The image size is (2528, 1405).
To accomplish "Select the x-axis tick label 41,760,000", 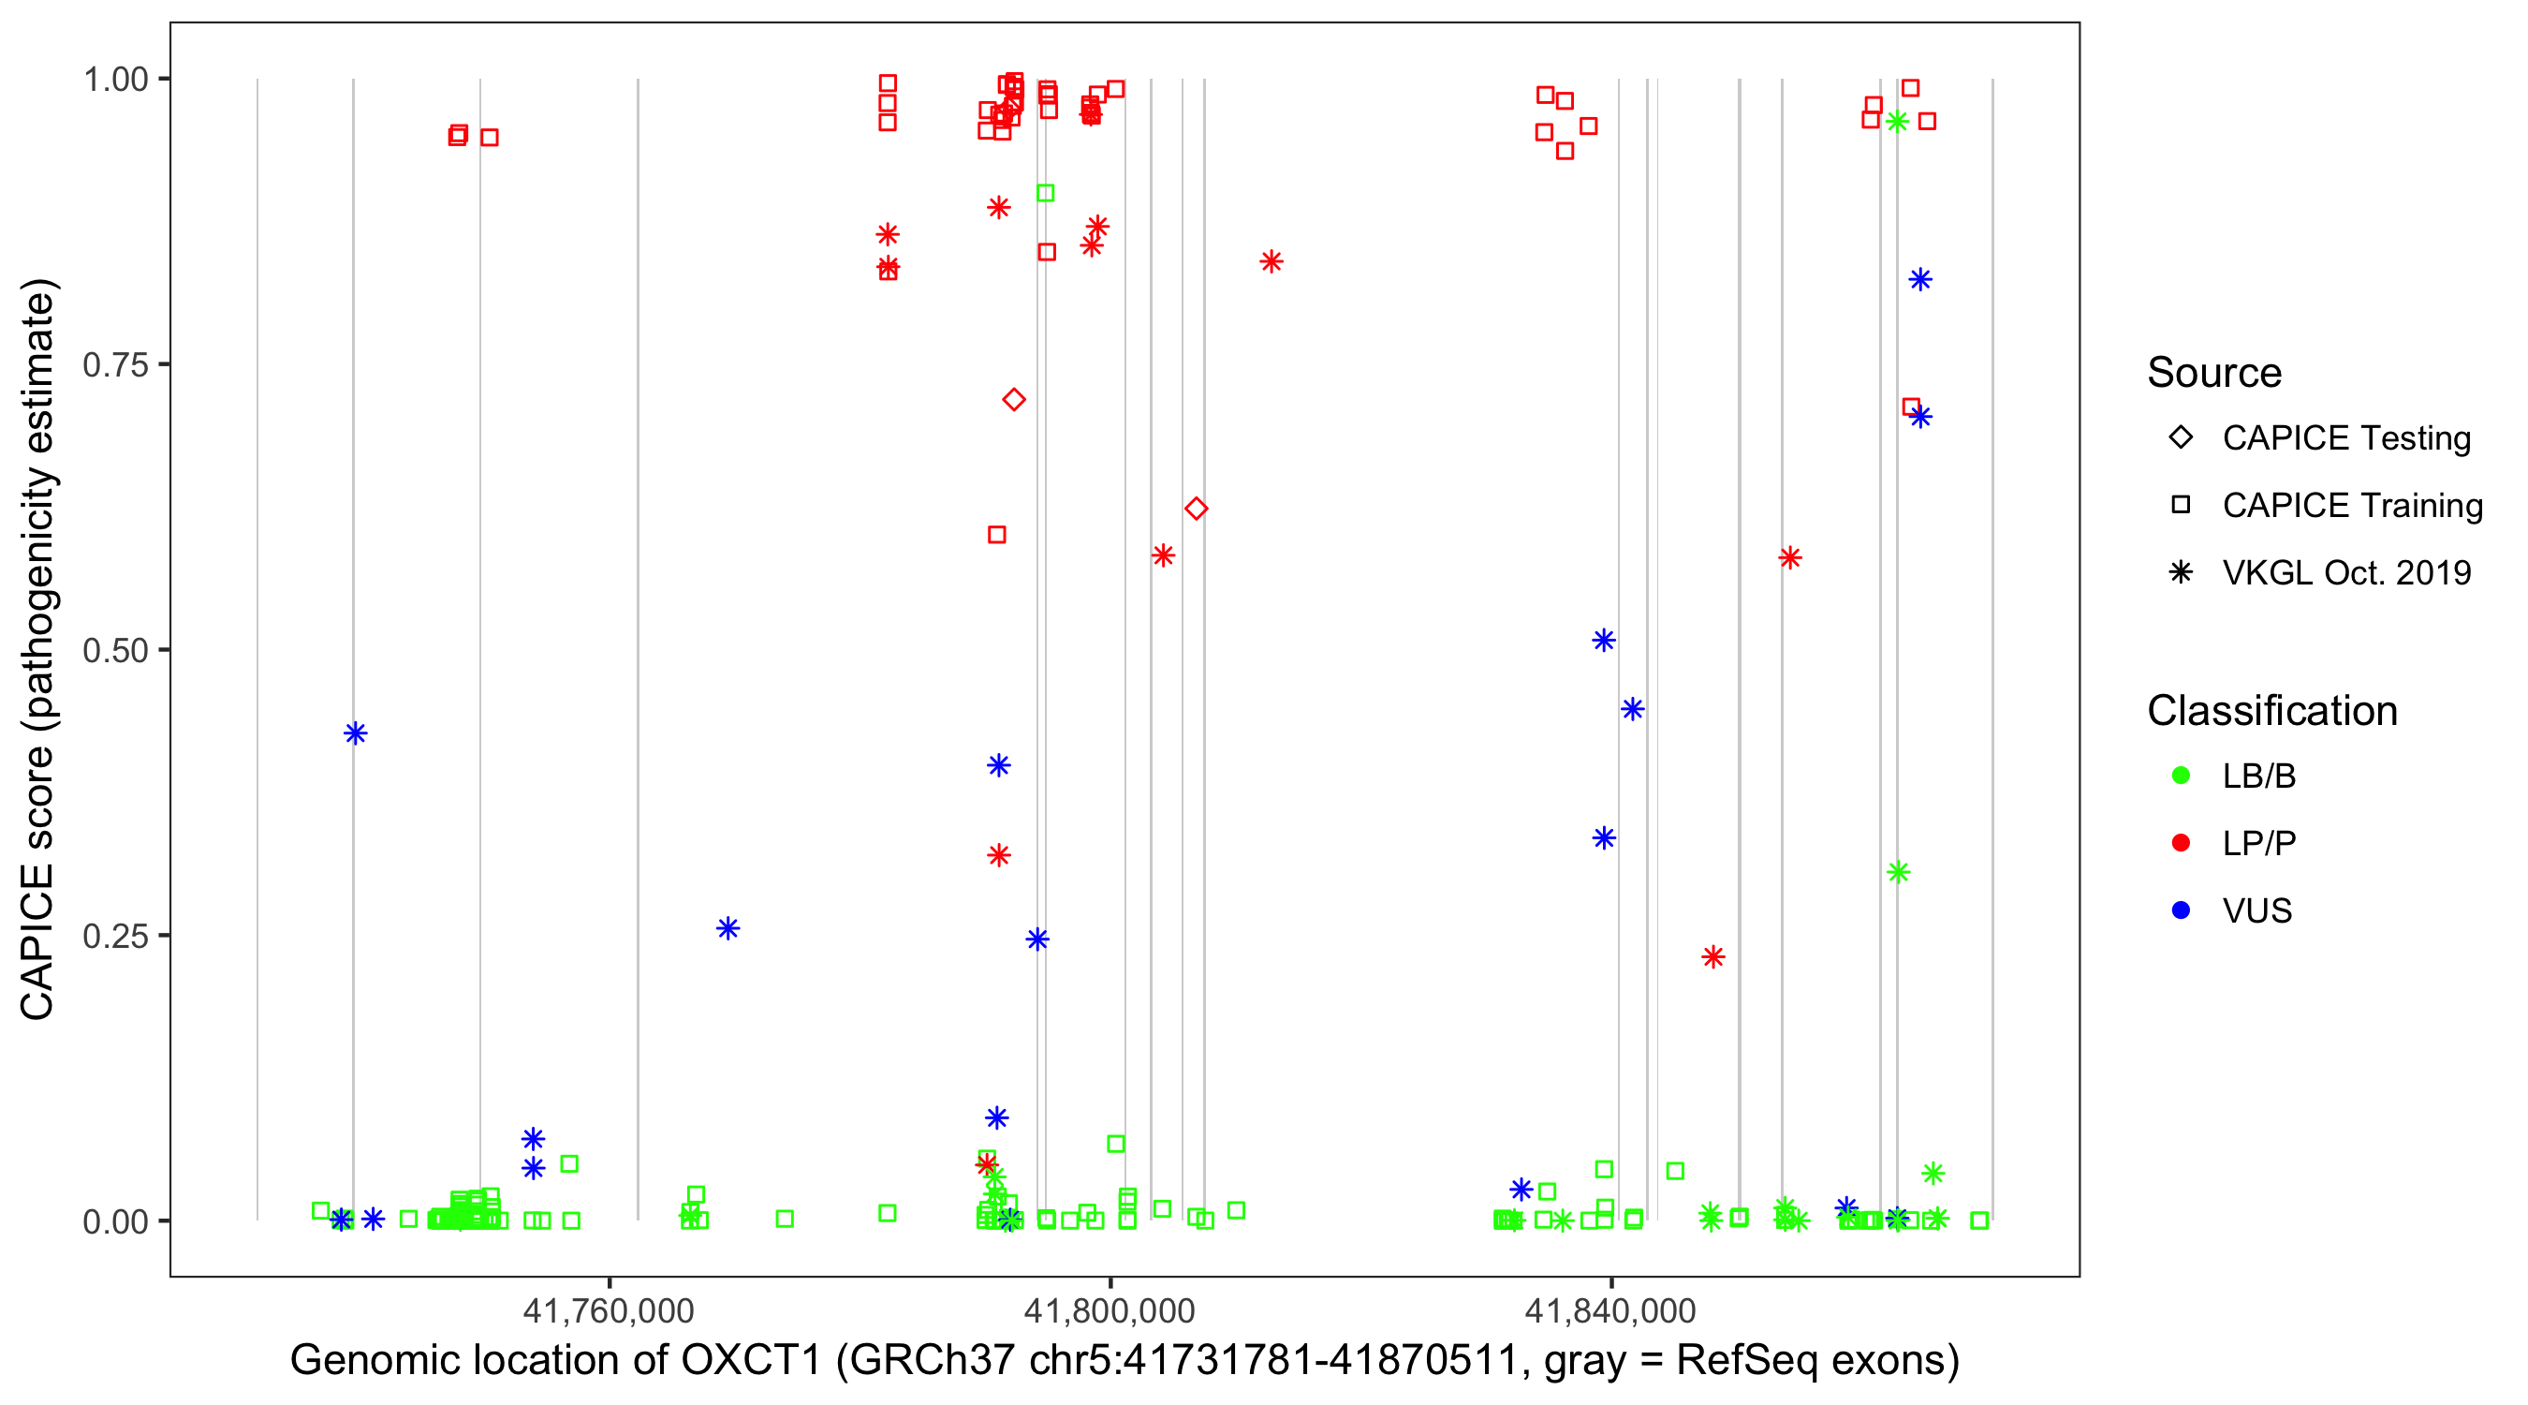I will pos(609,1309).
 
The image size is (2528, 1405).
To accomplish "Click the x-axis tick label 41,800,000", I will pos(1110,1309).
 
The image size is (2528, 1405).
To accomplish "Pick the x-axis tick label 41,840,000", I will pos(1610,1309).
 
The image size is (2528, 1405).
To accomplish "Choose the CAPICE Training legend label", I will pos(2352,506).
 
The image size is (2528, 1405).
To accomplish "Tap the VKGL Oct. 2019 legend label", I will pos(2346,572).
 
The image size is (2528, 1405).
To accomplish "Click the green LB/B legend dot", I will pos(2181,776).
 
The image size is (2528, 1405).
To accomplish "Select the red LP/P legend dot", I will pos(2181,843).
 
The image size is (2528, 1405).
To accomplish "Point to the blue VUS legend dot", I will pos(2181,910).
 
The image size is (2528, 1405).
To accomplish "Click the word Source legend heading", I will pos(2214,373).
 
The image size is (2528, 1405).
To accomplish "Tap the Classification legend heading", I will pos(2271,711).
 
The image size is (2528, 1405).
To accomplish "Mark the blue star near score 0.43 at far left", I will pos(355,733).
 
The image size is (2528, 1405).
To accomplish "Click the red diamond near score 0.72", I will pos(1014,400).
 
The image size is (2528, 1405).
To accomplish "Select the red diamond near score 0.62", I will pos(1196,509).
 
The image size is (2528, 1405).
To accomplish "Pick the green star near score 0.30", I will pos(1898,872).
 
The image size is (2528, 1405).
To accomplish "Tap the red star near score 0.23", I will pos(1713,956).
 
